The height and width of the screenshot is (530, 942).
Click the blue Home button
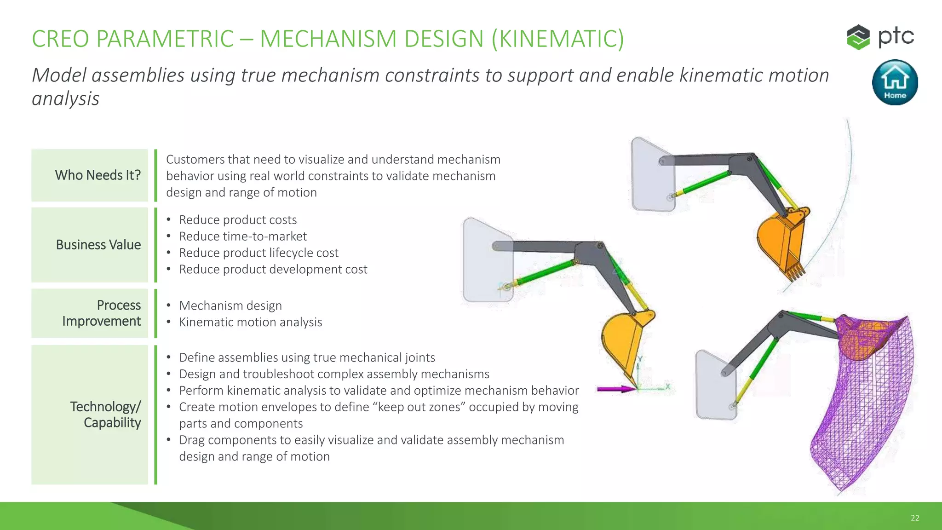(x=895, y=82)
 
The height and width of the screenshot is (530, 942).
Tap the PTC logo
(x=880, y=37)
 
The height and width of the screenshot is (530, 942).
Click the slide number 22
(x=915, y=518)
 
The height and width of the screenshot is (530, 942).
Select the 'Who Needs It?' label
(x=98, y=175)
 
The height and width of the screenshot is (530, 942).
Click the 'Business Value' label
(x=98, y=245)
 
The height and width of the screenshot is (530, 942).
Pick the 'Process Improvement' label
(x=102, y=313)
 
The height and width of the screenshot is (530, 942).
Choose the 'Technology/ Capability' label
(x=106, y=415)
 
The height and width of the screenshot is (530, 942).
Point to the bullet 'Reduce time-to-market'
(x=243, y=236)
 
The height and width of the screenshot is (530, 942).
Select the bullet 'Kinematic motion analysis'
(x=251, y=322)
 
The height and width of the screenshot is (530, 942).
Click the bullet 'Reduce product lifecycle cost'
(x=258, y=253)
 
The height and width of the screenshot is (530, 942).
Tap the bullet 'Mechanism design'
(x=230, y=305)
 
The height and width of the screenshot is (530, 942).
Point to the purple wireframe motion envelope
(x=865, y=405)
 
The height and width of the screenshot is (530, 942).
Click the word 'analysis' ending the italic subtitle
(x=65, y=99)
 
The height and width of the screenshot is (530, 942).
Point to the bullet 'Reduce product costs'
(x=238, y=220)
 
